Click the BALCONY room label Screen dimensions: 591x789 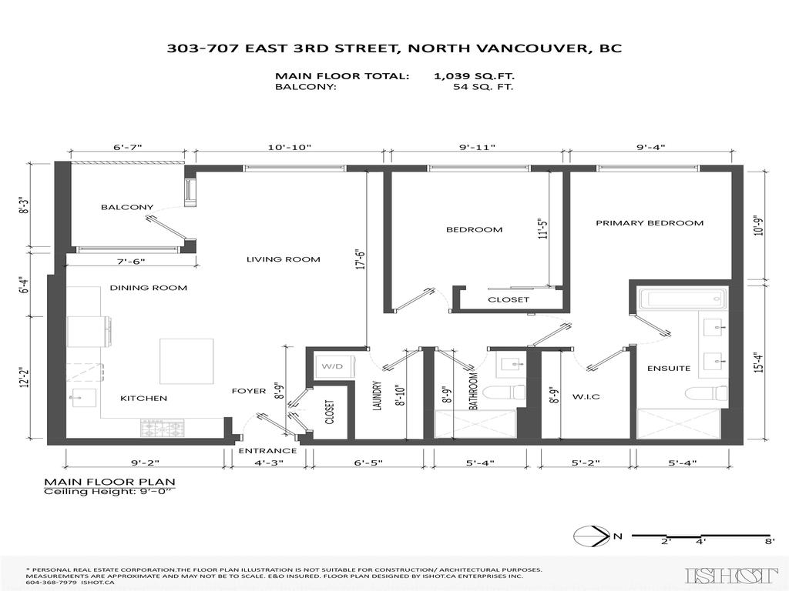pyautogui.click(x=127, y=207)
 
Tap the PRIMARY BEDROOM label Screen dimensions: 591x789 pyautogui.click(x=650, y=223)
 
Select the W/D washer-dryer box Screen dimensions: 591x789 pyautogui.click(x=331, y=366)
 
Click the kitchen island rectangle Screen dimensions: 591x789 pyautogui.click(x=186, y=361)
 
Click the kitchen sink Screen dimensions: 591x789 pyautogui.click(x=82, y=399)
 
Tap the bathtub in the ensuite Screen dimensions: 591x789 pyautogui.click(x=682, y=299)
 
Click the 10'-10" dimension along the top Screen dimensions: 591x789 pyautogui.click(x=290, y=146)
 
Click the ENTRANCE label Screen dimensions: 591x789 pyautogui.click(x=267, y=451)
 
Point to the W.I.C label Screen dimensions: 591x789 pyautogui.click(x=586, y=396)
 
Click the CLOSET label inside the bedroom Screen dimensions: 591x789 pyautogui.click(x=509, y=299)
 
